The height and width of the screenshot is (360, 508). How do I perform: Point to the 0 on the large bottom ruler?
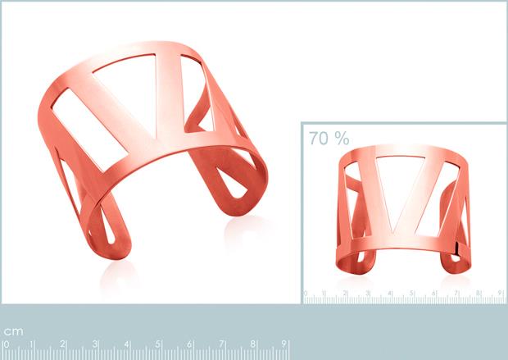click(5, 344)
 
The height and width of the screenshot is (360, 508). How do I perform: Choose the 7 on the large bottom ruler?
click(222, 344)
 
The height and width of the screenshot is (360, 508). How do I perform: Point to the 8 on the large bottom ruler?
click(253, 344)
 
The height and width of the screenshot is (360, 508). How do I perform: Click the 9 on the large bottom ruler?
click(284, 344)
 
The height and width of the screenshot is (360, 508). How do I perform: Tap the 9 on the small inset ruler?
click(500, 293)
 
